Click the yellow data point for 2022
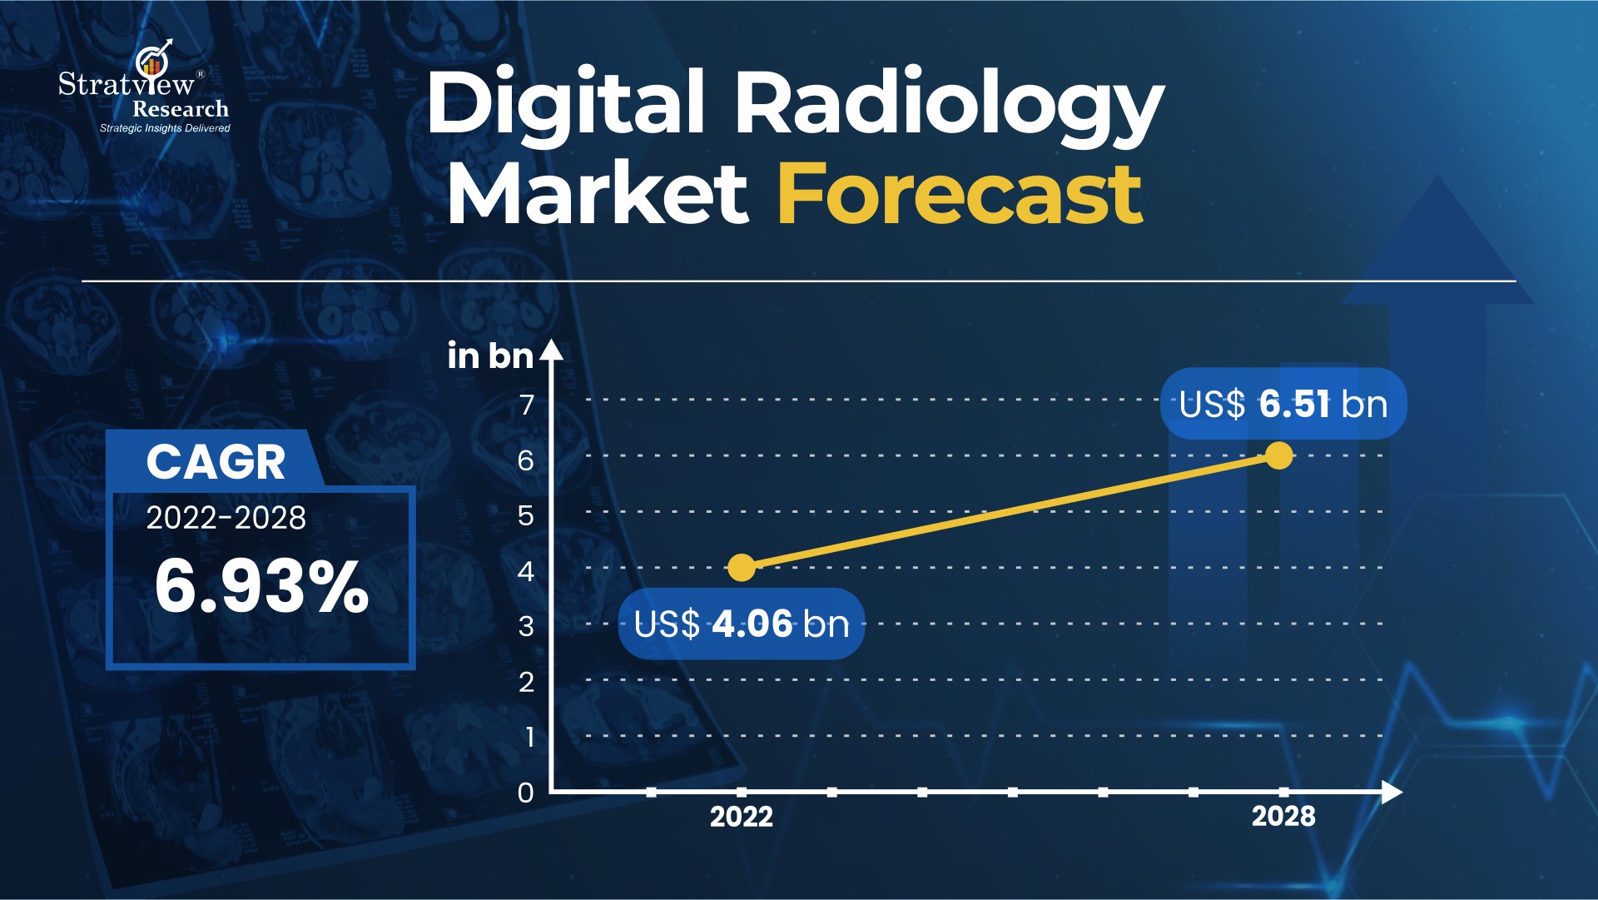point(741,568)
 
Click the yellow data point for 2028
point(1278,455)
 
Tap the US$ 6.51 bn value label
point(1283,404)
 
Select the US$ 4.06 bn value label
point(742,624)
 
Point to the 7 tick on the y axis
point(526,405)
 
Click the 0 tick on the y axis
point(526,793)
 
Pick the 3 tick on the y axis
point(526,626)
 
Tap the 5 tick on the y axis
point(526,515)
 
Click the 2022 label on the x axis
point(741,817)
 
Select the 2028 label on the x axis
point(1283,817)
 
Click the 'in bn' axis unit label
point(490,356)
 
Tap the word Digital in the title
point(566,103)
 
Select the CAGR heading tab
point(216,460)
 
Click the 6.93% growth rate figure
point(261,587)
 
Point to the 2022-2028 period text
point(226,518)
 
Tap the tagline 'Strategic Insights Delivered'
point(165,128)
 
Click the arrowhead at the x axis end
point(1392,793)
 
